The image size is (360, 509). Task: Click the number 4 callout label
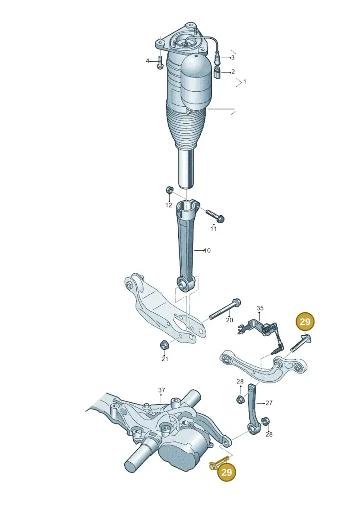pyautogui.click(x=148, y=61)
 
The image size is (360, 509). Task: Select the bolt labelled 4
pyautogui.click(x=160, y=63)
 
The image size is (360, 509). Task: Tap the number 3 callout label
pyautogui.click(x=233, y=58)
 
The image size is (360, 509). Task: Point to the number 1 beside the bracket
pyautogui.click(x=245, y=81)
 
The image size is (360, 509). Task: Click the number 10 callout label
pyautogui.click(x=207, y=250)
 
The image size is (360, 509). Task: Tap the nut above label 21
pyautogui.click(x=164, y=345)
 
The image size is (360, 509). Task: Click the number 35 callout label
pyautogui.click(x=260, y=308)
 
